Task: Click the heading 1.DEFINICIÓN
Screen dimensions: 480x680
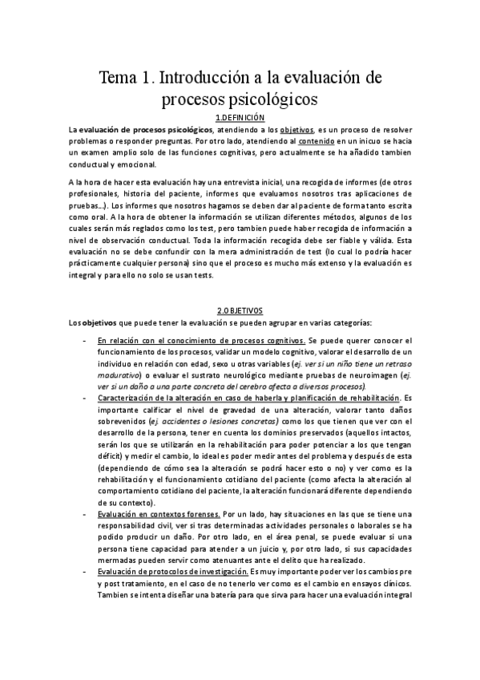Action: tap(240, 117)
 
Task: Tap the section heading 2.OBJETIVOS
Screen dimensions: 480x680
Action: tap(240, 311)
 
